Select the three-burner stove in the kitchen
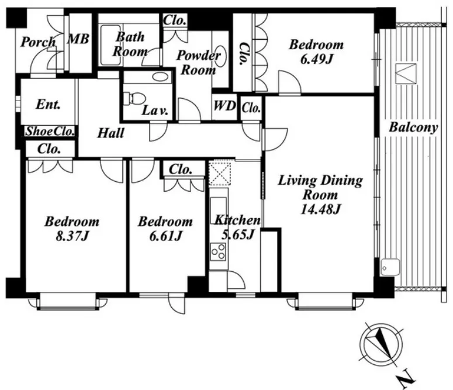tap(218, 252)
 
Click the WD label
tap(224, 106)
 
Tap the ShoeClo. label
tap(50, 132)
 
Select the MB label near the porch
tap(78, 39)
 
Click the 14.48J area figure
tap(321, 209)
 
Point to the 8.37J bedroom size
tap(72, 236)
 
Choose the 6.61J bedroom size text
tap(165, 236)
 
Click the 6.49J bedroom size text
tap(317, 59)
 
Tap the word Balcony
tap(413, 127)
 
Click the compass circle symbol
tap(381, 344)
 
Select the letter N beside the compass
tap(407, 378)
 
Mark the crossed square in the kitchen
tap(220, 174)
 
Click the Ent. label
tap(49, 104)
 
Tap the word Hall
tap(110, 133)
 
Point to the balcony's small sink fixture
tap(390, 267)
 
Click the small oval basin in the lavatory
tap(160, 77)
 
